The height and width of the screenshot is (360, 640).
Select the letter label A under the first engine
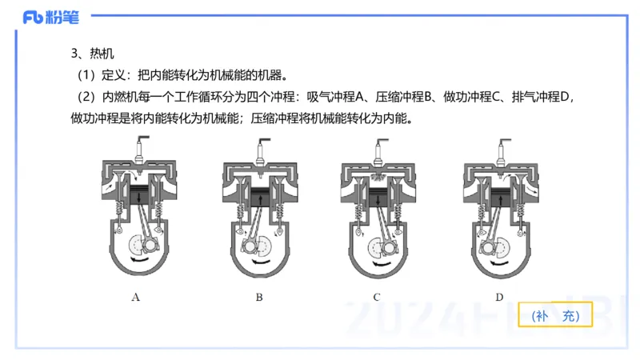click(136, 297)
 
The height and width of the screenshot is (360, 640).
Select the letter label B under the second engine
click(259, 297)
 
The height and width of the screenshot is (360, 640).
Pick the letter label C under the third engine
click(376, 297)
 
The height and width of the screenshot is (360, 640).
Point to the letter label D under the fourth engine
click(499, 297)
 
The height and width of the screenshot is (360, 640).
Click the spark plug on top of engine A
click(142, 149)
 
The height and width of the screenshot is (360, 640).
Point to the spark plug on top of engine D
click(501, 149)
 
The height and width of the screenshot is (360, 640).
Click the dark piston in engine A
click(142, 195)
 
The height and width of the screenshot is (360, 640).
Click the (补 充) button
click(560, 316)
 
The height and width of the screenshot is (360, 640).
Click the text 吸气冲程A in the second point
click(336, 98)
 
